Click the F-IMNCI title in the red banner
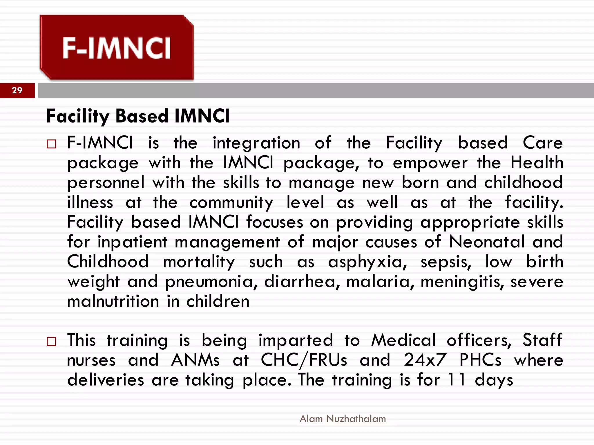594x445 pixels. coord(117,48)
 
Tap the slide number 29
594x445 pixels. coord(17,90)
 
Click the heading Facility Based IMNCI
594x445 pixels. coord(138,116)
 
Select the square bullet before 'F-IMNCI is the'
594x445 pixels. coord(51,144)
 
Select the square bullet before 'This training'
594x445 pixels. coord(51,341)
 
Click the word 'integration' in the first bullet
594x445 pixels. coord(256,143)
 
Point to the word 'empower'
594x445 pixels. coord(430,163)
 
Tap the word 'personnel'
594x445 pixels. coord(106,183)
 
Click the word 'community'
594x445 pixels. coord(231,203)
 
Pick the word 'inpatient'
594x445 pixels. coord(133,242)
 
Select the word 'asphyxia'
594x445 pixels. coord(367,262)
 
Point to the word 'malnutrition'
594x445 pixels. coord(113,301)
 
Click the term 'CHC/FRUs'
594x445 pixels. coord(304,360)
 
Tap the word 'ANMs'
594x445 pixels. coord(195,360)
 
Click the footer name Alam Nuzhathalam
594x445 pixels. coord(343,419)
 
